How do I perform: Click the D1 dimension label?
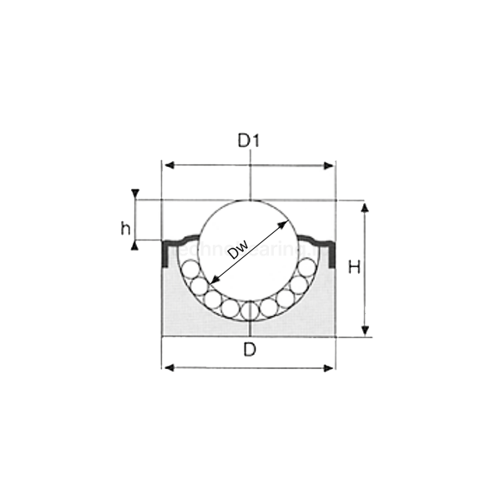click(x=249, y=141)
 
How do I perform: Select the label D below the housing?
click(x=249, y=350)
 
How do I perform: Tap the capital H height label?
click(x=354, y=268)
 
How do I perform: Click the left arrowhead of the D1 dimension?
click(x=167, y=165)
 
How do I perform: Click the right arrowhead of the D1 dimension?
click(x=328, y=165)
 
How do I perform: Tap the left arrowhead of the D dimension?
click(x=167, y=367)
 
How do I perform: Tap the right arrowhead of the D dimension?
click(x=328, y=367)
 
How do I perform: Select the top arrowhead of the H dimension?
click(x=364, y=206)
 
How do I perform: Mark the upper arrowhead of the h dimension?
click(x=134, y=195)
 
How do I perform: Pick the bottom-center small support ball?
click(x=250, y=310)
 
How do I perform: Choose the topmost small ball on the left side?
click(x=190, y=269)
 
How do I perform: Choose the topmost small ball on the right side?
click(x=308, y=269)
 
